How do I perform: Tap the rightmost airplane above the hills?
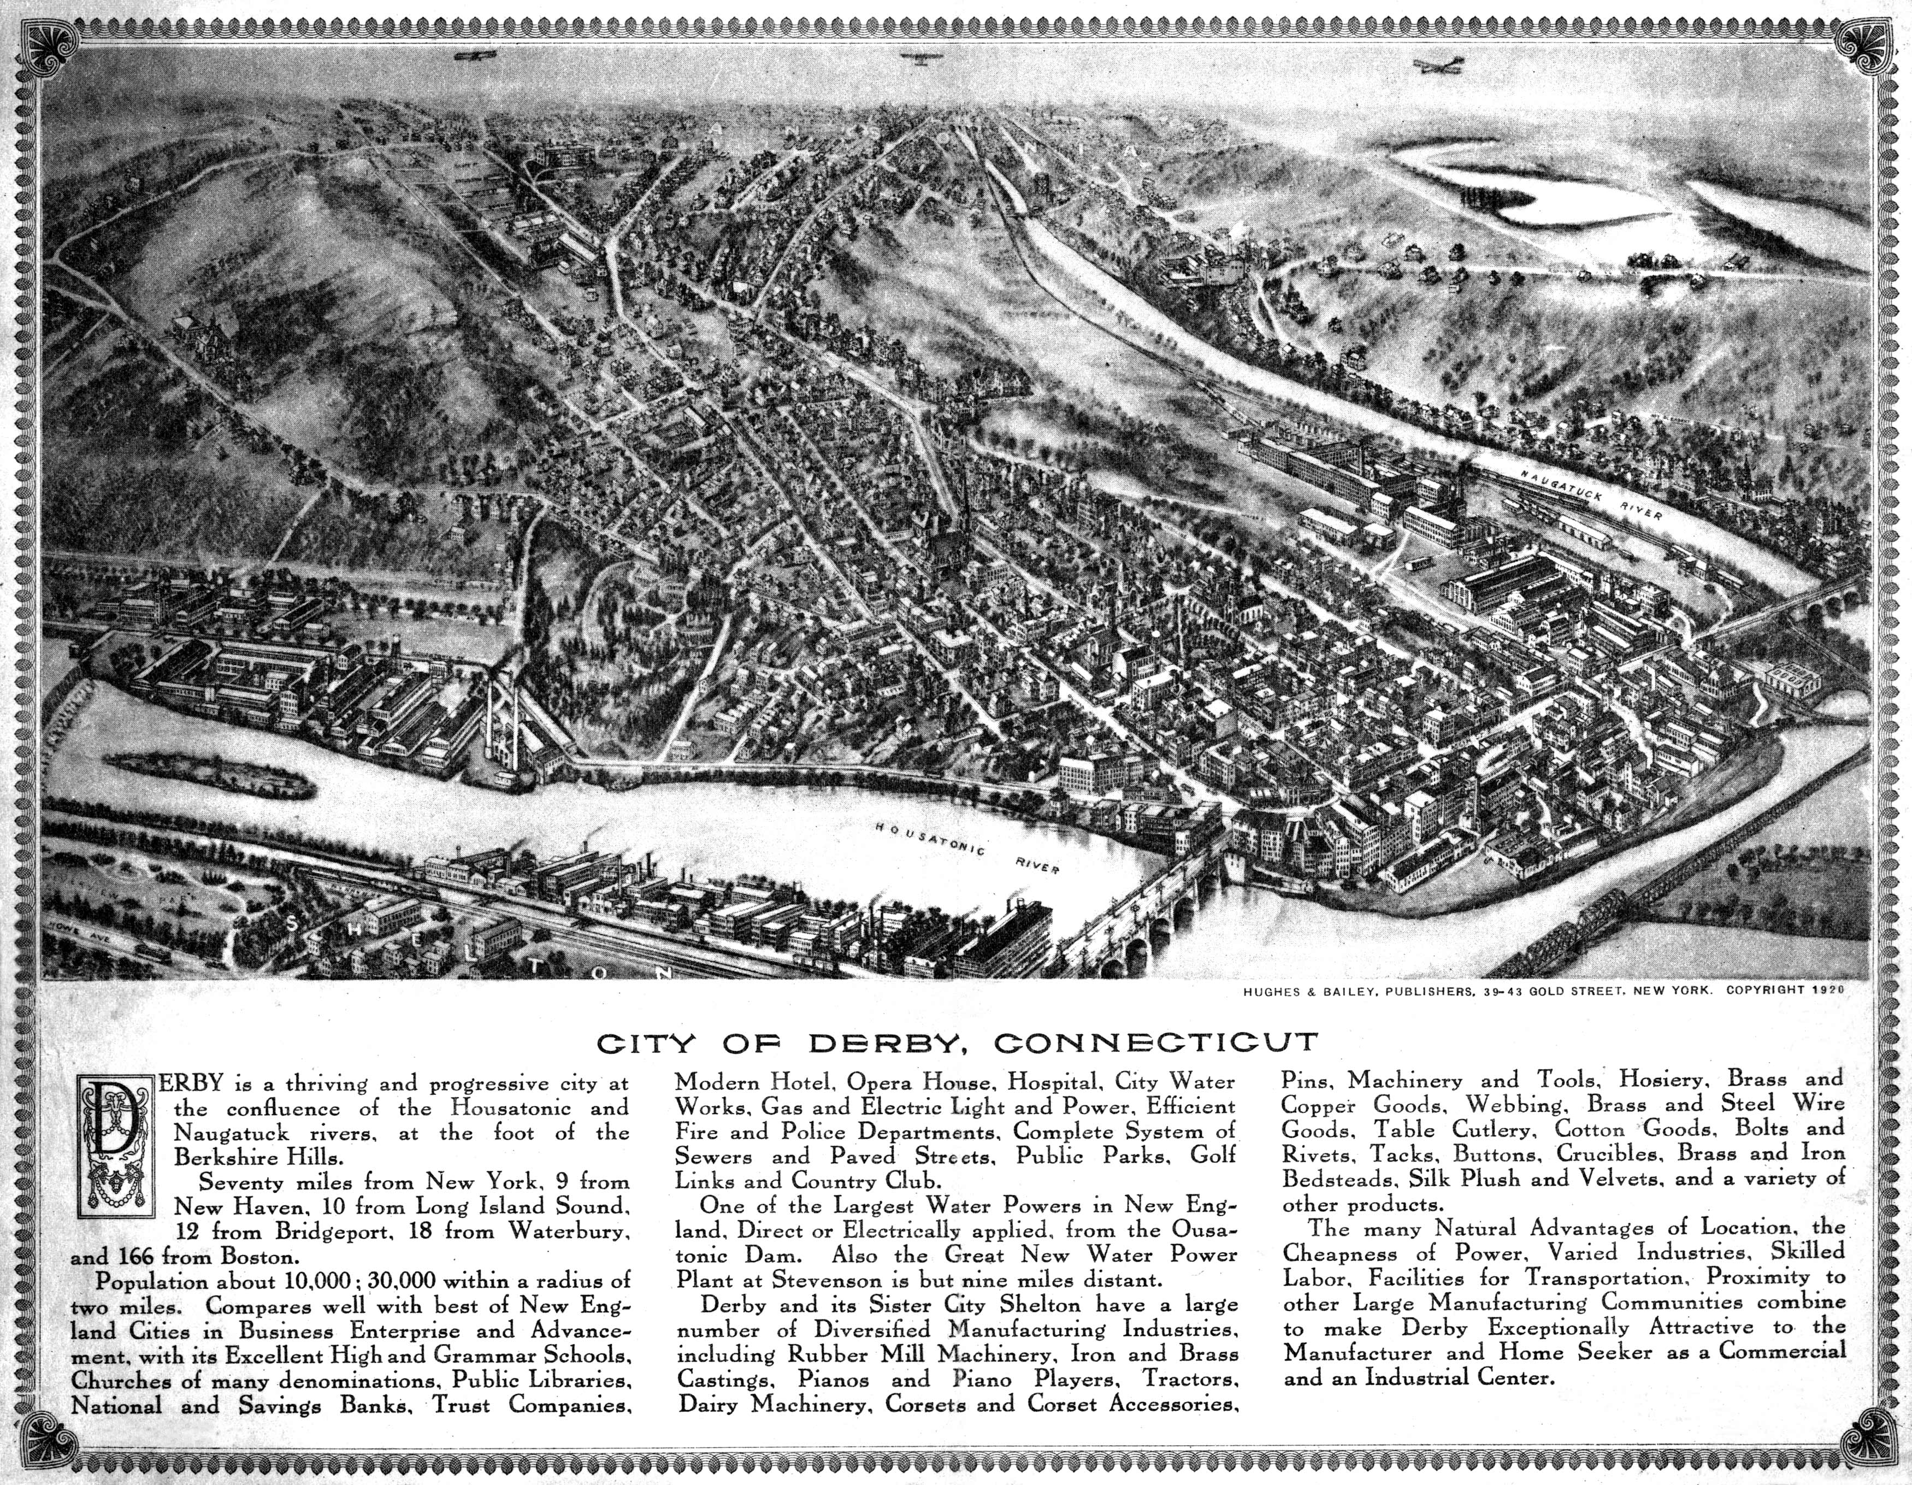(x=1440, y=67)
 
